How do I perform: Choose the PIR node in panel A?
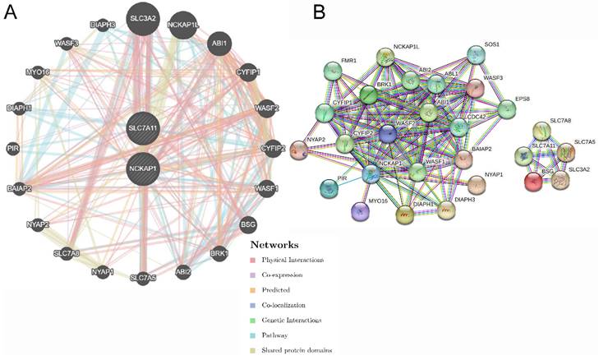[x=12, y=148]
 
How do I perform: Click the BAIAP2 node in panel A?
[x=18, y=188]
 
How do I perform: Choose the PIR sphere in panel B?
[x=329, y=188]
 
